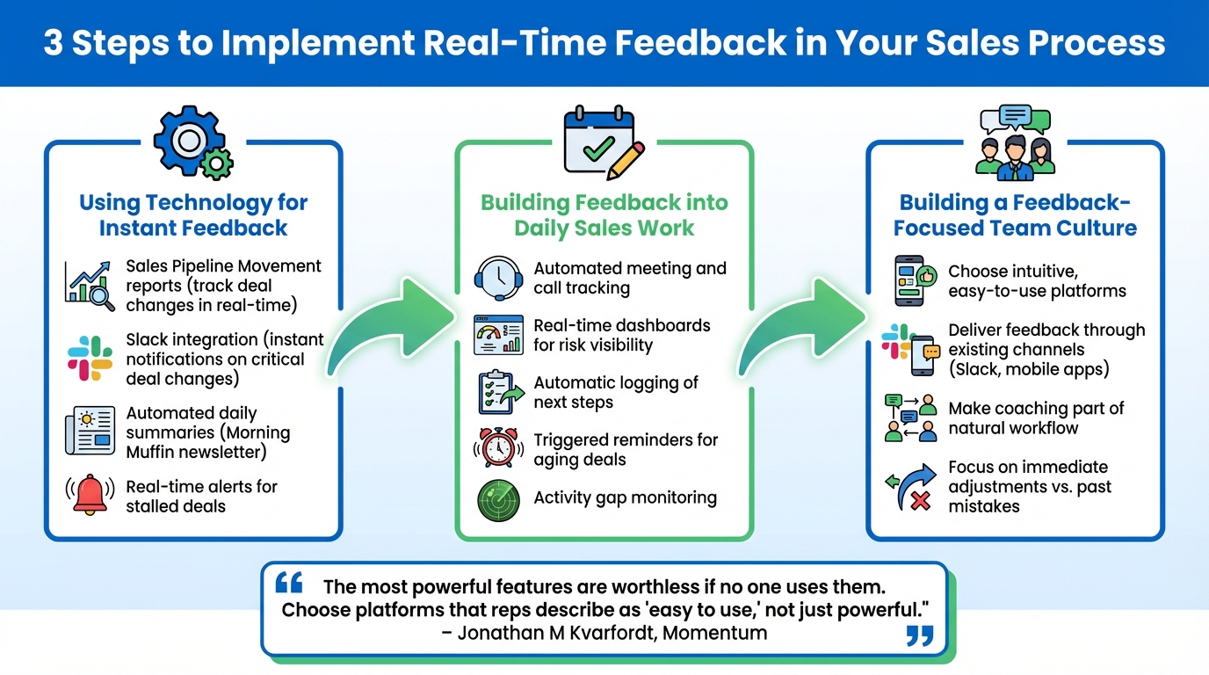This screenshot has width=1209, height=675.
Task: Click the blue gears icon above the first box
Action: (192, 142)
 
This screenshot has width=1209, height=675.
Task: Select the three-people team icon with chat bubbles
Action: (1015, 142)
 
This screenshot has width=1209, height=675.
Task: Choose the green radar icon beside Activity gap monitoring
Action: (498, 499)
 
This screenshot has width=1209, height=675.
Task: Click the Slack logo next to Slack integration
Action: (90, 359)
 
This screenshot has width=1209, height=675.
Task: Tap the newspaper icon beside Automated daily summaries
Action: (90, 432)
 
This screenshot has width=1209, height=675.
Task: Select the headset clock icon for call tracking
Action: (498, 278)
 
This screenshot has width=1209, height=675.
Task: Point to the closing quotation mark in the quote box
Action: (919, 635)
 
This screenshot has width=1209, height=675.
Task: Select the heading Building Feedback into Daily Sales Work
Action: (604, 215)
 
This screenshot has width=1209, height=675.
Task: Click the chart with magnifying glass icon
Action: (90, 286)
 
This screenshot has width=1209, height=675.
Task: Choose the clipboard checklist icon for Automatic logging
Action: (498, 392)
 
